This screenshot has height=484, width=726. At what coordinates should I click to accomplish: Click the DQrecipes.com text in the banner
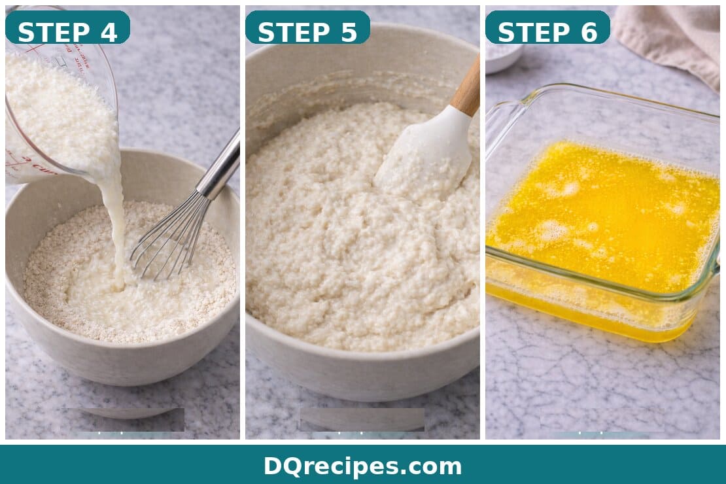click(x=362, y=466)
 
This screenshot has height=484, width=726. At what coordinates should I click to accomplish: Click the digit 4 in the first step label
click(x=109, y=31)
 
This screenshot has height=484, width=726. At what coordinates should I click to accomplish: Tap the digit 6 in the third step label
click(x=589, y=31)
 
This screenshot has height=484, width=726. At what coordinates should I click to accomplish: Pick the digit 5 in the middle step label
click(x=349, y=31)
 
